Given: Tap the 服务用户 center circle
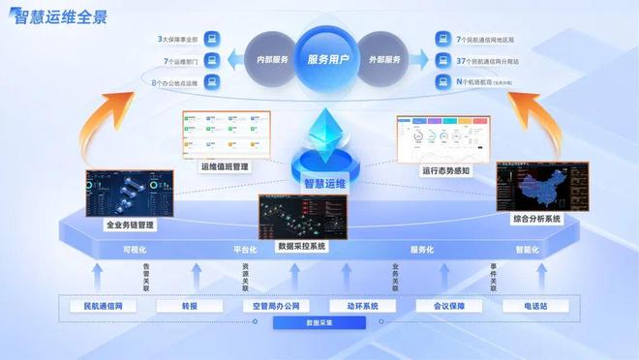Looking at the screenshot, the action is (319, 58).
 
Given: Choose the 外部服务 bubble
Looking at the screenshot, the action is (386, 59).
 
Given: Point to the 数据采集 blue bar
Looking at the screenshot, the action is (320, 322).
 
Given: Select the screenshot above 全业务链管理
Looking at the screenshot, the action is (129, 195).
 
